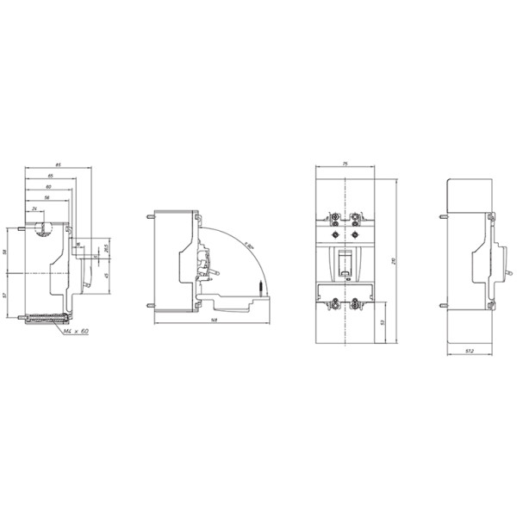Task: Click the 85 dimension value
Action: (58, 164)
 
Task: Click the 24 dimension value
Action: (34, 209)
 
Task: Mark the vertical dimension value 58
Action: (7, 252)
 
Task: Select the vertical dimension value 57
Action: (7, 296)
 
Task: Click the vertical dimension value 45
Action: (105, 275)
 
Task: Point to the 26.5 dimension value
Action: (105, 249)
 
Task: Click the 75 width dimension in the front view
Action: (344, 163)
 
